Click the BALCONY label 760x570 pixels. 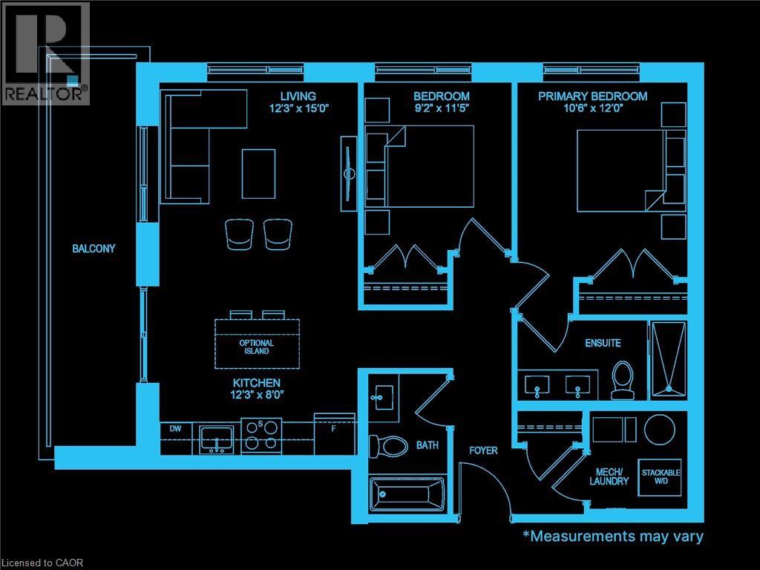94,249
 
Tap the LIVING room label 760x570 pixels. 298,96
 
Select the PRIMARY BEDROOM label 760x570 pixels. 592,96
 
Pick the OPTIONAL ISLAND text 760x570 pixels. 256,347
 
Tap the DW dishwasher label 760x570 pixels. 175,429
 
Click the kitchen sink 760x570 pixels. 217,439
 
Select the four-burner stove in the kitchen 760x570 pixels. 261,436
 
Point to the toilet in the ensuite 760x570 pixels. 621,379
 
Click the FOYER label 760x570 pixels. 483,451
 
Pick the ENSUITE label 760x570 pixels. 603,343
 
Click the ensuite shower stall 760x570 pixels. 669,356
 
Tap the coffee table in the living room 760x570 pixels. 258,173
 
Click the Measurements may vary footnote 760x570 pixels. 613,536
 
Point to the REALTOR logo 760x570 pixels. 45,52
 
